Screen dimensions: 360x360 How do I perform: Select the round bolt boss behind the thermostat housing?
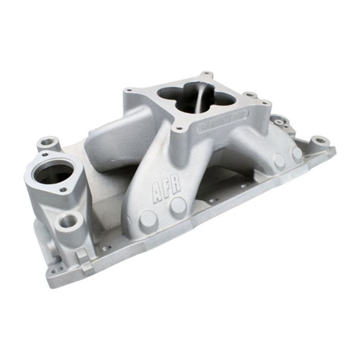(49, 141)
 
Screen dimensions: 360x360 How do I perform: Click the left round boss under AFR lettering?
(148, 219)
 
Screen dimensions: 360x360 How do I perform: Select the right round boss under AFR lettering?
(178, 206)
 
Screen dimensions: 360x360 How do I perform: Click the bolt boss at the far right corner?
(320, 139)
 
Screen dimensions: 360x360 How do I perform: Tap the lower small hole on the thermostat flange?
(63, 189)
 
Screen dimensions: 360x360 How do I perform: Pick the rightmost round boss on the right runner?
(296, 153)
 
